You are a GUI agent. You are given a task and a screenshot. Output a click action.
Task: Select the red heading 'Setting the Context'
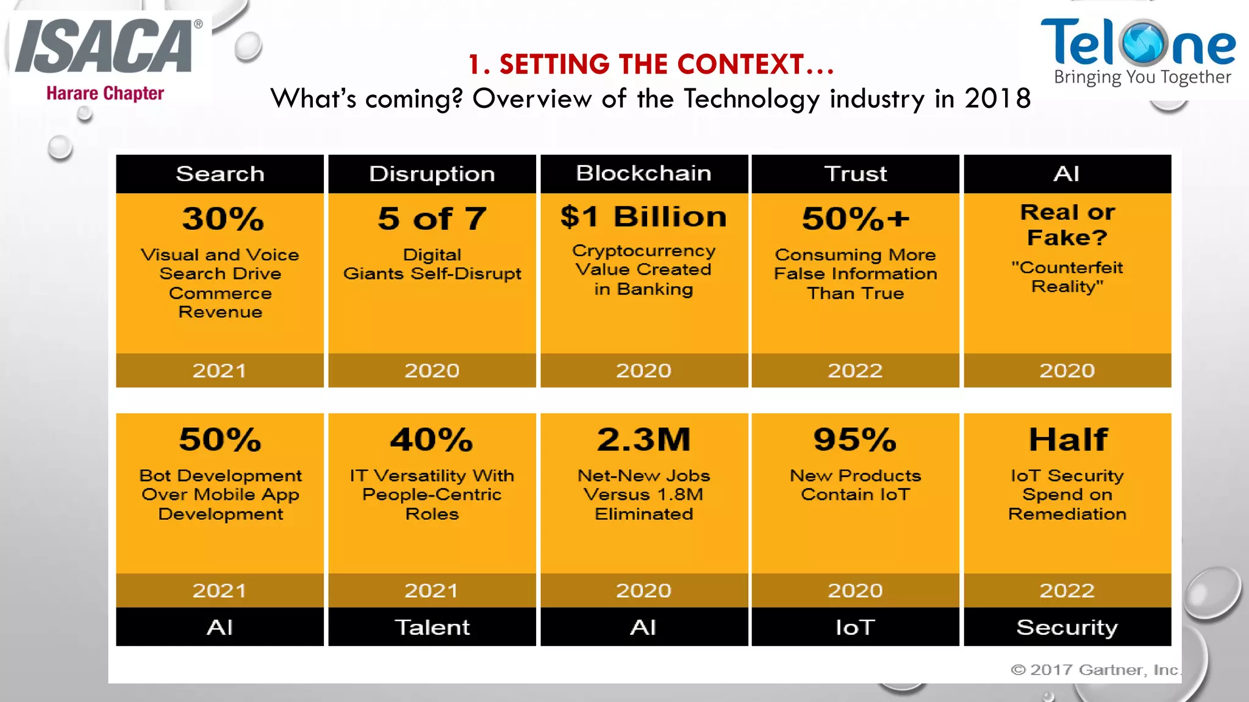point(651,65)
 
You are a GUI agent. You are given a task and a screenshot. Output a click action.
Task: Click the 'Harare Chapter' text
point(105,93)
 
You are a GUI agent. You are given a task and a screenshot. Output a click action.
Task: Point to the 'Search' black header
point(220,174)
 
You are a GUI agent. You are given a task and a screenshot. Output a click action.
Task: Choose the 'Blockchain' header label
point(644,174)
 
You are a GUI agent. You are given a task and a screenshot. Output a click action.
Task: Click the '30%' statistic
point(223,219)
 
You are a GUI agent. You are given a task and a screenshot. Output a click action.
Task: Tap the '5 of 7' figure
point(432,219)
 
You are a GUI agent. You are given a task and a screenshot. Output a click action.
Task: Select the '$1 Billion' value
point(644,217)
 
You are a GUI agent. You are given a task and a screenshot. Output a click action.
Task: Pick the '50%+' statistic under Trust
point(856,219)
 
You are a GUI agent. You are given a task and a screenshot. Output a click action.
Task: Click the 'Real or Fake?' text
point(1067,224)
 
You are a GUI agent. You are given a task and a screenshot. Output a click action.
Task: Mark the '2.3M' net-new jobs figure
point(644,439)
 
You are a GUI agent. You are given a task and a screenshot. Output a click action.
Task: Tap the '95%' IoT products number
point(855,439)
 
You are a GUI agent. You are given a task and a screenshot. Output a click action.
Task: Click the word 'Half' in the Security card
point(1068,439)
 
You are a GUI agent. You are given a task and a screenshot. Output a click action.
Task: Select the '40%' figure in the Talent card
point(432,439)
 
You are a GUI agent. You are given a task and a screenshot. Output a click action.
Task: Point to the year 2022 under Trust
point(855,370)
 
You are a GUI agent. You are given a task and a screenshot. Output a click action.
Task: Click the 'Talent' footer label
point(432,627)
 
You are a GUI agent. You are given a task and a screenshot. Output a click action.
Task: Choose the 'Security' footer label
point(1067,627)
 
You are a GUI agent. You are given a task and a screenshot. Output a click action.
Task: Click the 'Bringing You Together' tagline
point(1142,77)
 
